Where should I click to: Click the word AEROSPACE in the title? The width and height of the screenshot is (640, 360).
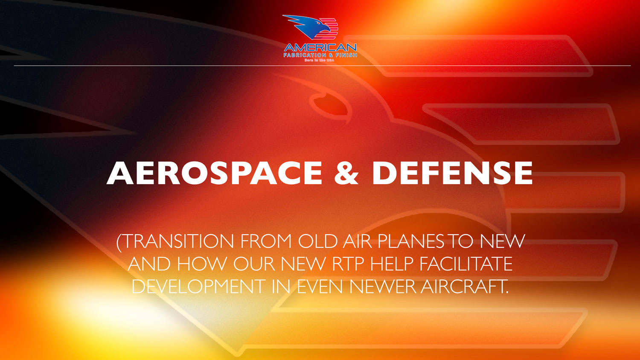214,173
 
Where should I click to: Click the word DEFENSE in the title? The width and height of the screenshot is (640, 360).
452,173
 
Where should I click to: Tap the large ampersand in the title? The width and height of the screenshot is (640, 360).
346,173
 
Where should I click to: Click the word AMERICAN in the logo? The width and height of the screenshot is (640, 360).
320,48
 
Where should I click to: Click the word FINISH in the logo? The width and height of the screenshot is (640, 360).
346,55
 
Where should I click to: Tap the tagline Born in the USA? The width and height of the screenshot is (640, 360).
319,60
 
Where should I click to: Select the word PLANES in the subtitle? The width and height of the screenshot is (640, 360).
410,241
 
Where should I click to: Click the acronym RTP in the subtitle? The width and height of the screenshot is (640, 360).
348,264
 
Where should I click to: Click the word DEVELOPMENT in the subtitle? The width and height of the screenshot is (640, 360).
198,287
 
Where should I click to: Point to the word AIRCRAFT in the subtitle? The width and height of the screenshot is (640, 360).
464,287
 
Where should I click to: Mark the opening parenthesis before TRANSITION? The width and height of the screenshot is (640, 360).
119,243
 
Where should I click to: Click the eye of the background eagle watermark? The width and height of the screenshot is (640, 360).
330,104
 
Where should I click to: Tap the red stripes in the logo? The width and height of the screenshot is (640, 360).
329,29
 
